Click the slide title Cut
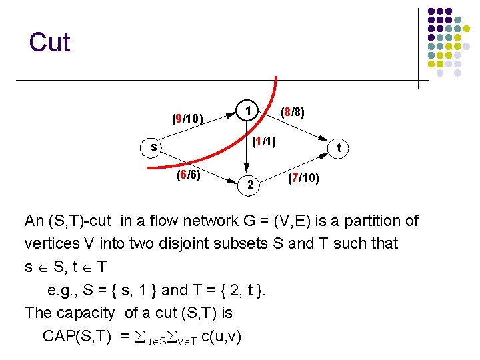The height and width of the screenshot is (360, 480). pyautogui.click(x=49, y=42)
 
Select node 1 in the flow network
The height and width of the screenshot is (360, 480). pyautogui.click(x=247, y=110)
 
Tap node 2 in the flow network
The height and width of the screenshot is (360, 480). pyautogui.click(x=249, y=185)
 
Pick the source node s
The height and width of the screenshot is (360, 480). pyautogui.click(x=154, y=147)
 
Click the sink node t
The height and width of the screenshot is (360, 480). pyautogui.click(x=339, y=148)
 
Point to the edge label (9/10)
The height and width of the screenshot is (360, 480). pyautogui.click(x=187, y=119)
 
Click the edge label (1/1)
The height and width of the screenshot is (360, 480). pyautogui.click(x=263, y=141)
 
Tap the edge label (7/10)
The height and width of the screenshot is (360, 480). pyautogui.click(x=303, y=179)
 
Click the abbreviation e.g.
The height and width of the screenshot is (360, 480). pyautogui.click(x=64, y=290)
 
